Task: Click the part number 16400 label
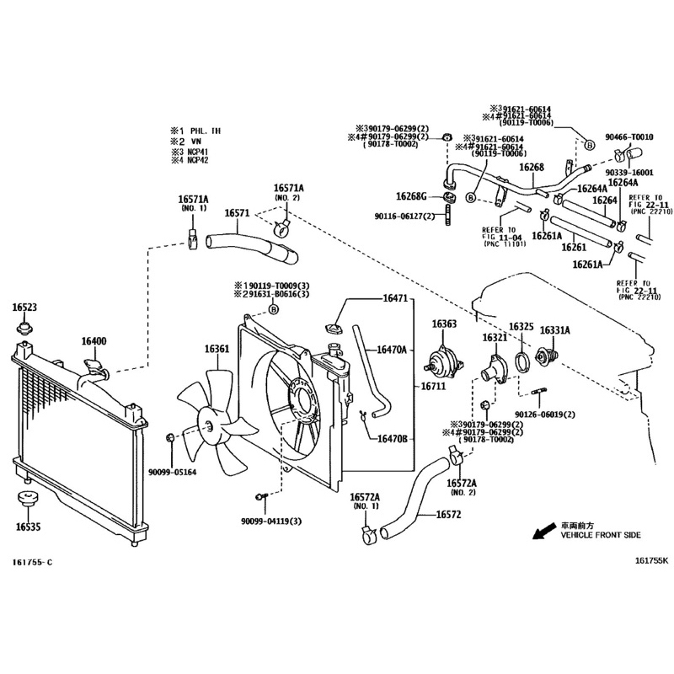click(94, 341)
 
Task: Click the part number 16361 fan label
click(217, 348)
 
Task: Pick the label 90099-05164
click(172, 472)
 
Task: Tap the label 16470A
click(392, 349)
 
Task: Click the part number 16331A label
click(554, 329)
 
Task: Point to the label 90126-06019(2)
click(545, 414)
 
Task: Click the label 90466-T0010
click(629, 136)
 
